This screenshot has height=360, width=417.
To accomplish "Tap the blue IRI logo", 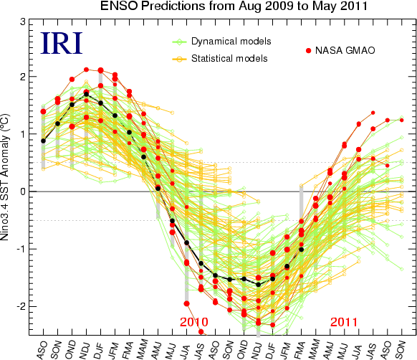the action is pos(62,43).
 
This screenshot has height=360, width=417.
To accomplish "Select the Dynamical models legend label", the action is pos(231,42).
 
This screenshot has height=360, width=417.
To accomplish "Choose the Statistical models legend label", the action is pos(229,58).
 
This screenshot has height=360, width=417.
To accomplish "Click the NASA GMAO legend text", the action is pos(345,50).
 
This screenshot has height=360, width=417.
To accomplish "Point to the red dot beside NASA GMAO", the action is pos(309,51).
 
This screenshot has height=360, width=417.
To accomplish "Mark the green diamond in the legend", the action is pos(180,42).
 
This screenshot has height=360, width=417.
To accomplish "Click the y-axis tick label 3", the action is pos(23,22).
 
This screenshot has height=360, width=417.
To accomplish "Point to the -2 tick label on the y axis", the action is pos(21,306).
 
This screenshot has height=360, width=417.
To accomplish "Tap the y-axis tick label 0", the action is pos(23,191).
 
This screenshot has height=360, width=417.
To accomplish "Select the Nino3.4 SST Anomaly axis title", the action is pos(5,177).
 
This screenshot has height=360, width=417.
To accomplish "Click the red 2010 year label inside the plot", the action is pos(194,322).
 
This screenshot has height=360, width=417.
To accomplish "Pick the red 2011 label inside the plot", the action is pos(344,322).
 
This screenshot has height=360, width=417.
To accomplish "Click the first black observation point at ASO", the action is pos(43,141).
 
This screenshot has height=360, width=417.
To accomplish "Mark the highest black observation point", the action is pos(86,94).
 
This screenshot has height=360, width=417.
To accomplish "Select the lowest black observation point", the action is pos(258,285).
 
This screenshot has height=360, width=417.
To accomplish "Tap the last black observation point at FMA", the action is pos(302,250).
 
